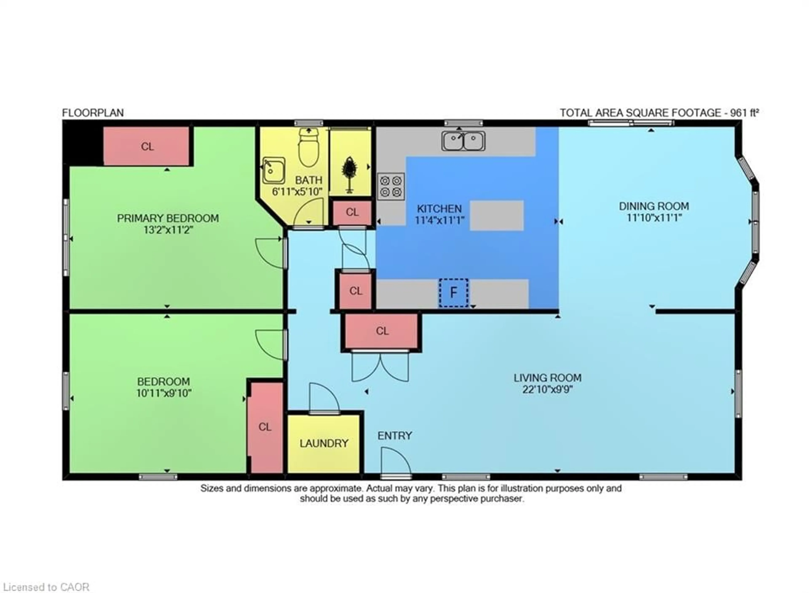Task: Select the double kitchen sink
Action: (463, 141)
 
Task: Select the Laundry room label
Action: (324, 443)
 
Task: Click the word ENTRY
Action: (395, 435)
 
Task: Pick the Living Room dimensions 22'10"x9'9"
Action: (547, 389)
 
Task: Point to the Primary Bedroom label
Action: (168, 218)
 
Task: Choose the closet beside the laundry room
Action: (266, 427)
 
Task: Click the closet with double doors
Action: (382, 331)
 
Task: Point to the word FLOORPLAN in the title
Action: (93, 113)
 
